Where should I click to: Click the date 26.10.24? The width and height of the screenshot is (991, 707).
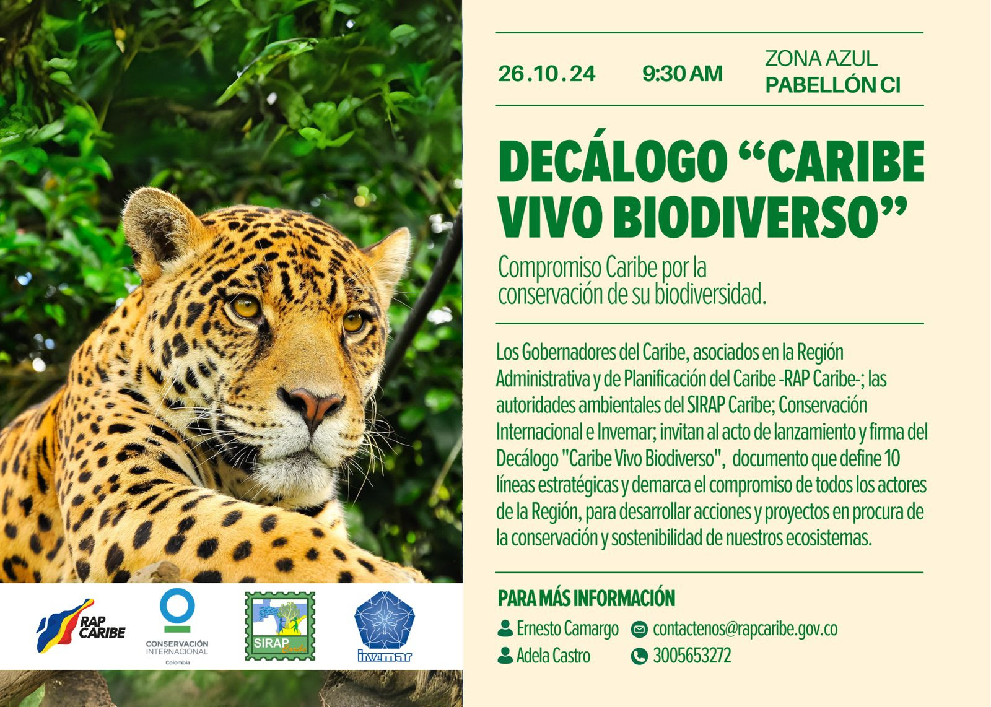point(547,74)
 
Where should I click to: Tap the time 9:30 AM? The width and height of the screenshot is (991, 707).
point(683,74)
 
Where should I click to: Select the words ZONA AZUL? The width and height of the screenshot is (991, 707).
point(821,58)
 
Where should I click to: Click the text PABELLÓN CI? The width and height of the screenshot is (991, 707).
point(832,85)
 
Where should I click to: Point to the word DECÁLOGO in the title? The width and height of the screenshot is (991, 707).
point(613,162)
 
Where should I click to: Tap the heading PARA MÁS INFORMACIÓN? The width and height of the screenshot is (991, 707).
point(586,598)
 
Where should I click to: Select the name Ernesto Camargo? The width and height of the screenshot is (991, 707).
point(567,629)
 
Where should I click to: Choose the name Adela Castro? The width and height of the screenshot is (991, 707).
point(554,656)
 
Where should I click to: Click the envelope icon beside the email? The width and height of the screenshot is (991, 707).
point(639,629)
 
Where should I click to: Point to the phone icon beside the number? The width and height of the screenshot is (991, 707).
point(639,656)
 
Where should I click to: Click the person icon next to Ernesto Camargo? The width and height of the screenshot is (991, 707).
point(505,628)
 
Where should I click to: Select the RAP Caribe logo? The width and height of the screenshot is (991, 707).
point(81,626)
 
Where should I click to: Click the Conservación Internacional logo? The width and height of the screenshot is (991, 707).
point(177,627)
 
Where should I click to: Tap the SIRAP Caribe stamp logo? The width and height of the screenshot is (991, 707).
point(280,626)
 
